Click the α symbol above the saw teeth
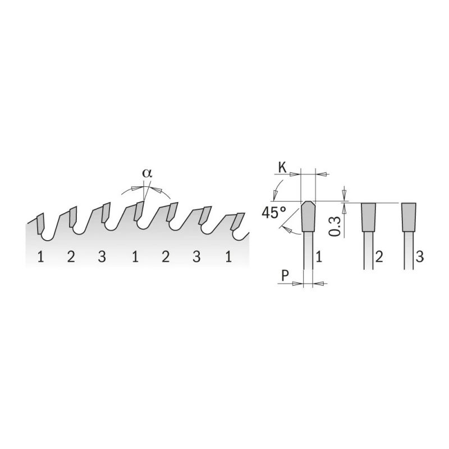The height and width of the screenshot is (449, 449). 148,173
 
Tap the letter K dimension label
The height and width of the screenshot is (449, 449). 282,168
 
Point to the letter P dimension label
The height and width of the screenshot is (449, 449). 285,276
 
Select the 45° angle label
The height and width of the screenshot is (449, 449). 274,213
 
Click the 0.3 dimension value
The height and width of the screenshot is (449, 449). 334,226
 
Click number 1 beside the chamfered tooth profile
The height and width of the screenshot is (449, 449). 319,256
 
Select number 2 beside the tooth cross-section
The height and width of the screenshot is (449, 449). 379,256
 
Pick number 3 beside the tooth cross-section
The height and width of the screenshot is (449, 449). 419,256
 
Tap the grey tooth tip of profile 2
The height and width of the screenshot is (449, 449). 369,217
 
